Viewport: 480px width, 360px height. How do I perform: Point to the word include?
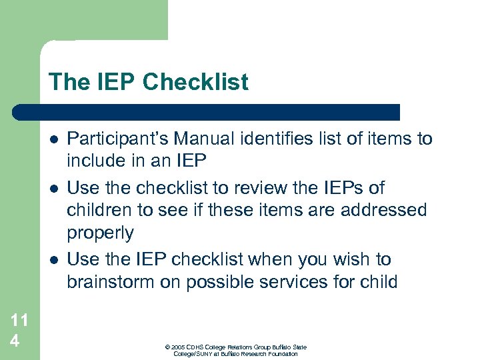click(94, 162)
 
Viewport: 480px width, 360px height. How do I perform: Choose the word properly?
click(100, 233)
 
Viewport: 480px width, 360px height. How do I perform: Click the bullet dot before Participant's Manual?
click(53, 139)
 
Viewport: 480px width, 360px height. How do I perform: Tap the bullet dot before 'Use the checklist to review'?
click(53, 188)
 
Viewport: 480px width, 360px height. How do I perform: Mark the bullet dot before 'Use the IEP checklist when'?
click(53, 259)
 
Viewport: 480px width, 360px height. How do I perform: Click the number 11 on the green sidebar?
click(19, 320)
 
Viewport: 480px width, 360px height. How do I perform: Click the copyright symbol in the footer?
click(167, 347)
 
